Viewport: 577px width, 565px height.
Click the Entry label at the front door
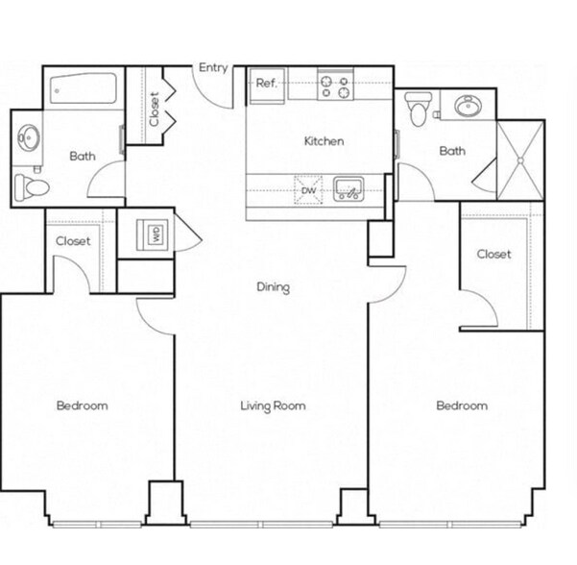click(x=213, y=68)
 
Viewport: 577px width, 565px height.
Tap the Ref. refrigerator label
click(x=267, y=84)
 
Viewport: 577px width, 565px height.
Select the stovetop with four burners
click(x=335, y=86)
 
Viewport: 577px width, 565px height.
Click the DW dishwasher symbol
click(x=308, y=190)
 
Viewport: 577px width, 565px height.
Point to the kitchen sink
click(x=349, y=189)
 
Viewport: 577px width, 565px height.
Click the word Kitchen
click(x=324, y=141)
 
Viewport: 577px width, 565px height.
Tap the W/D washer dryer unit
click(x=154, y=235)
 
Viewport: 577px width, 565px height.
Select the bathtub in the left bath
click(x=84, y=88)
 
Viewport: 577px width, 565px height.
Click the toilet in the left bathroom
click(x=32, y=187)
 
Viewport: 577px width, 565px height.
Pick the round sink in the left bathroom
click(x=29, y=137)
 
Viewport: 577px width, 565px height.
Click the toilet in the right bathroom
click(x=418, y=109)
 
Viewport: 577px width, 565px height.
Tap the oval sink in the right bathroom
click(x=469, y=106)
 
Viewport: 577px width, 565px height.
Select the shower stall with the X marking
click(x=520, y=160)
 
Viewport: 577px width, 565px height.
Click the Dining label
click(x=273, y=287)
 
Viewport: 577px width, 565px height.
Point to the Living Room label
click(x=273, y=405)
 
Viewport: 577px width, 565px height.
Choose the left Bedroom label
click(x=82, y=405)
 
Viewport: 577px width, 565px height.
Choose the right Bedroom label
click(x=462, y=405)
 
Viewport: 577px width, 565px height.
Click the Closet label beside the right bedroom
click(x=493, y=254)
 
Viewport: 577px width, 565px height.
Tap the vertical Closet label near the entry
click(x=155, y=109)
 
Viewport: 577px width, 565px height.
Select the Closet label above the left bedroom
click(x=73, y=241)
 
